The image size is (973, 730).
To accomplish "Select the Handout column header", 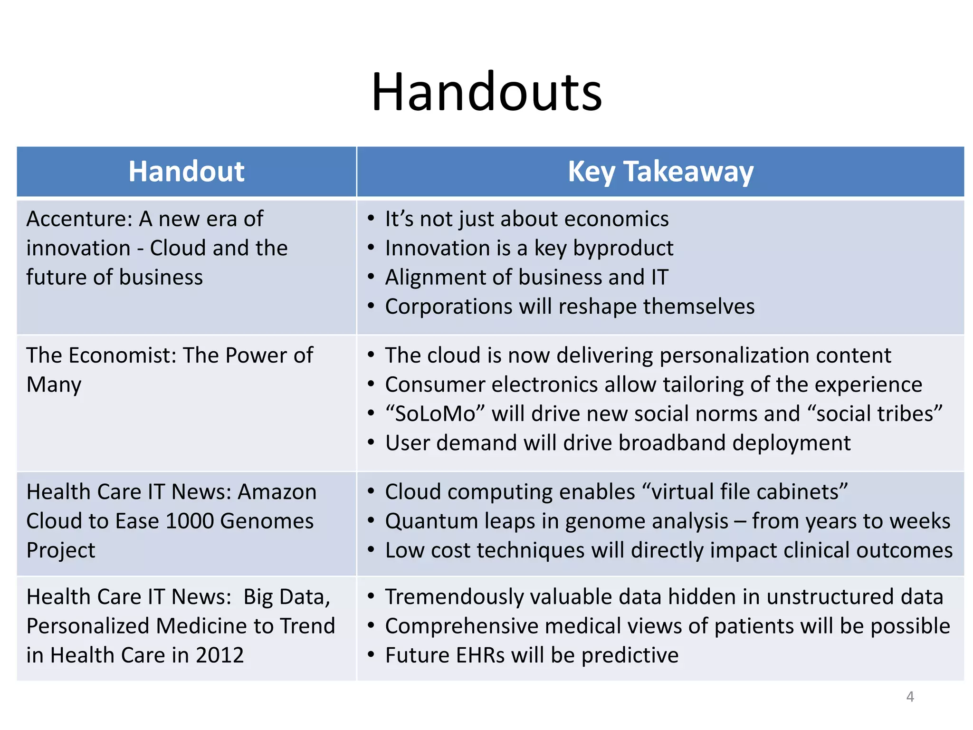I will tap(186, 172).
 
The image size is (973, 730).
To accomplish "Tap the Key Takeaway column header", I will tap(660, 172).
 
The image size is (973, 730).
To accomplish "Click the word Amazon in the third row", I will tap(277, 492).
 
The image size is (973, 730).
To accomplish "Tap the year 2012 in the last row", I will tap(219, 655).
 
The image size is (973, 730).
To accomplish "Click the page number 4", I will tap(910, 697).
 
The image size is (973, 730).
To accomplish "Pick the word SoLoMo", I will tap(436, 414).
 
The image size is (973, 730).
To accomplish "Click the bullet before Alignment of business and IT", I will tap(371, 277).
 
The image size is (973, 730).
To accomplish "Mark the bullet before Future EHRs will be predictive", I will tap(371, 655).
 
